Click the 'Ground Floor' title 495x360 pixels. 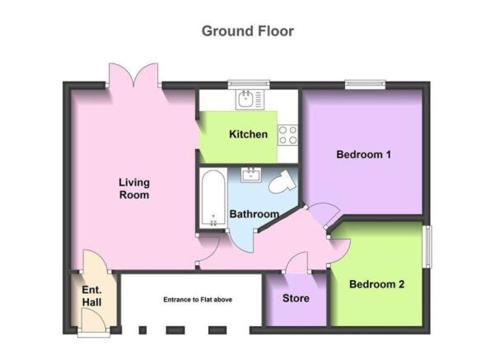click(x=248, y=31)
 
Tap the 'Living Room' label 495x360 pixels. click(x=134, y=189)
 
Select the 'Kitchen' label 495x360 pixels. click(x=249, y=134)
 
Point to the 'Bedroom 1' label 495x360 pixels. click(x=364, y=154)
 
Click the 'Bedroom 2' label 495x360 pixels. click(x=377, y=284)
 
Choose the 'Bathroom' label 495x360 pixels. click(x=255, y=214)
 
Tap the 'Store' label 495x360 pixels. click(x=296, y=298)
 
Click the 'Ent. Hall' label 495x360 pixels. click(x=92, y=296)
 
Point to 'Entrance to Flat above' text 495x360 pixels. click(x=198, y=300)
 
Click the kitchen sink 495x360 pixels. click(x=250, y=100)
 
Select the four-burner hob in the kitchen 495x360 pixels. click(x=288, y=135)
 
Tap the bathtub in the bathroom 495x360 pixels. click(x=213, y=198)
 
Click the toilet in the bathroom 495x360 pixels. click(x=283, y=182)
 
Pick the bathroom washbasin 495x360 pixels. click(x=251, y=175)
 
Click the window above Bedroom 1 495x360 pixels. click(x=365, y=84)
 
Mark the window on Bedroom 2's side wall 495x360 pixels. click(x=427, y=246)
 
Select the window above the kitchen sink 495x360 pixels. click(x=249, y=84)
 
